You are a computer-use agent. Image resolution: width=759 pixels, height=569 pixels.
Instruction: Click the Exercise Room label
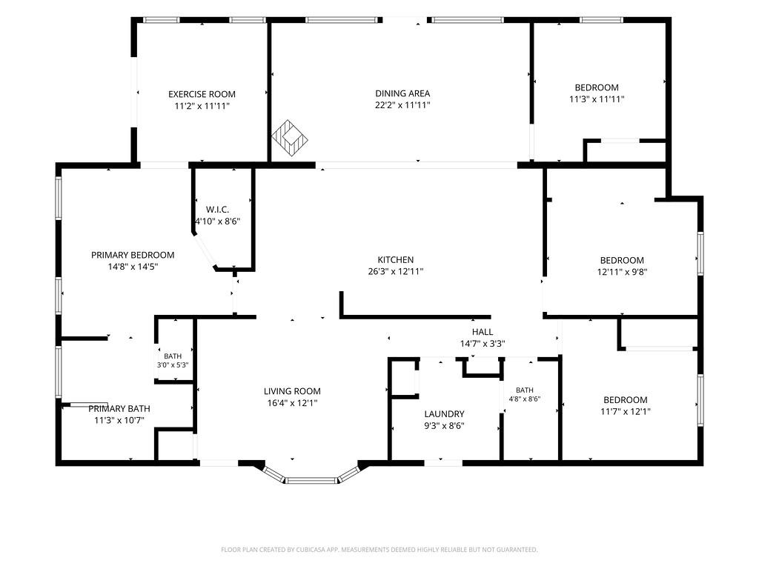(x=202, y=94)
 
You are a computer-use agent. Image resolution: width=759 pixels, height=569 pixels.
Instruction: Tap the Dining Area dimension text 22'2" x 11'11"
(x=402, y=105)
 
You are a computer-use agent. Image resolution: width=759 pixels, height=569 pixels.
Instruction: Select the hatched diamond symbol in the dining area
(x=290, y=139)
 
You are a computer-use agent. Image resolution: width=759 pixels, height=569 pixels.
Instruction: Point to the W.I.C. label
(x=217, y=210)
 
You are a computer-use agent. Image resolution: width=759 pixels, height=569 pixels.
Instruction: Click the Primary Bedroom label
(x=133, y=255)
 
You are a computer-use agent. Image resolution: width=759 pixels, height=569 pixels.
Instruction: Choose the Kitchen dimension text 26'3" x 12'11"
(x=396, y=271)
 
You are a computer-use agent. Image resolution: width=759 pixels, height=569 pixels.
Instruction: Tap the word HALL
(x=483, y=332)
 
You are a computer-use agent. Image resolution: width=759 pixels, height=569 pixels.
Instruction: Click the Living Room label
(x=292, y=391)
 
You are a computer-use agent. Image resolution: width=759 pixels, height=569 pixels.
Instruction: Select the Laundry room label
(x=445, y=413)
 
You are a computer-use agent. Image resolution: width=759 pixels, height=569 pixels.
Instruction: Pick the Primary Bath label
(x=119, y=409)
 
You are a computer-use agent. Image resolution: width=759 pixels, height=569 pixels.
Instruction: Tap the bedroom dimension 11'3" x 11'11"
(x=597, y=99)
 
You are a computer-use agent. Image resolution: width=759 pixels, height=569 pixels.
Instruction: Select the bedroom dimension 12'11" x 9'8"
(x=622, y=272)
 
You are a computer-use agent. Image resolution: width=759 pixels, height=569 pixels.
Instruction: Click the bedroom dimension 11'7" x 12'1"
(x=626, y=412)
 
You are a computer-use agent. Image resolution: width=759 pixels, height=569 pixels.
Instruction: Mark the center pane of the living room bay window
(x=311, y=480)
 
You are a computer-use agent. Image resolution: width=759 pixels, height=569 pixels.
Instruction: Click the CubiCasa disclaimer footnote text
(x=379, y=550)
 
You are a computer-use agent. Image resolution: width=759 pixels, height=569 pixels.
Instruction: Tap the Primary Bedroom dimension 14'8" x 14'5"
(x=133, y=267)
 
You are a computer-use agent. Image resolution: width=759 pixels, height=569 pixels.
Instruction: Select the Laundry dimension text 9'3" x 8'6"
(x=445, y=426)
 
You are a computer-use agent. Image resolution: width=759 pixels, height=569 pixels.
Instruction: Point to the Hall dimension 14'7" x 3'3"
(x=483, y=344)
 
